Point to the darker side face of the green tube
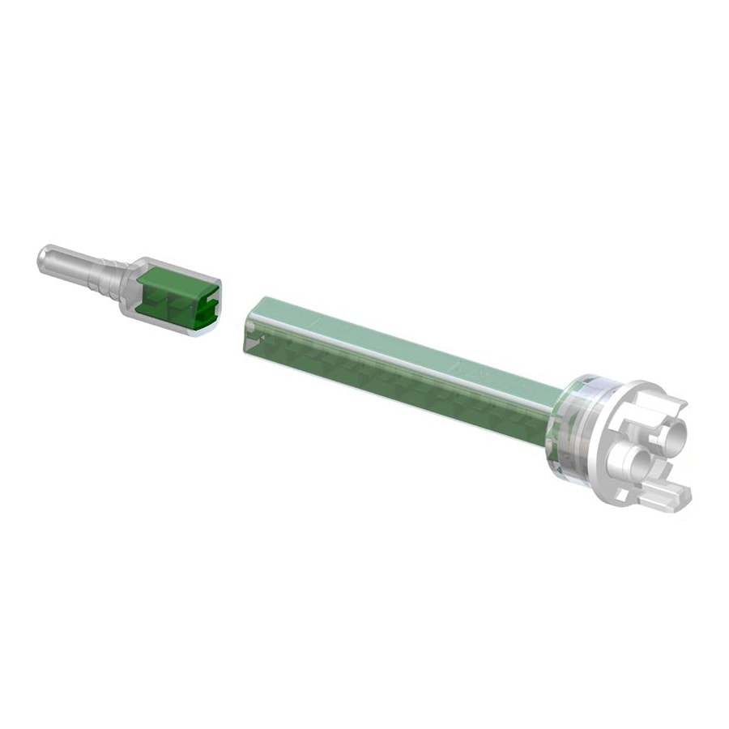coord(389,377)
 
